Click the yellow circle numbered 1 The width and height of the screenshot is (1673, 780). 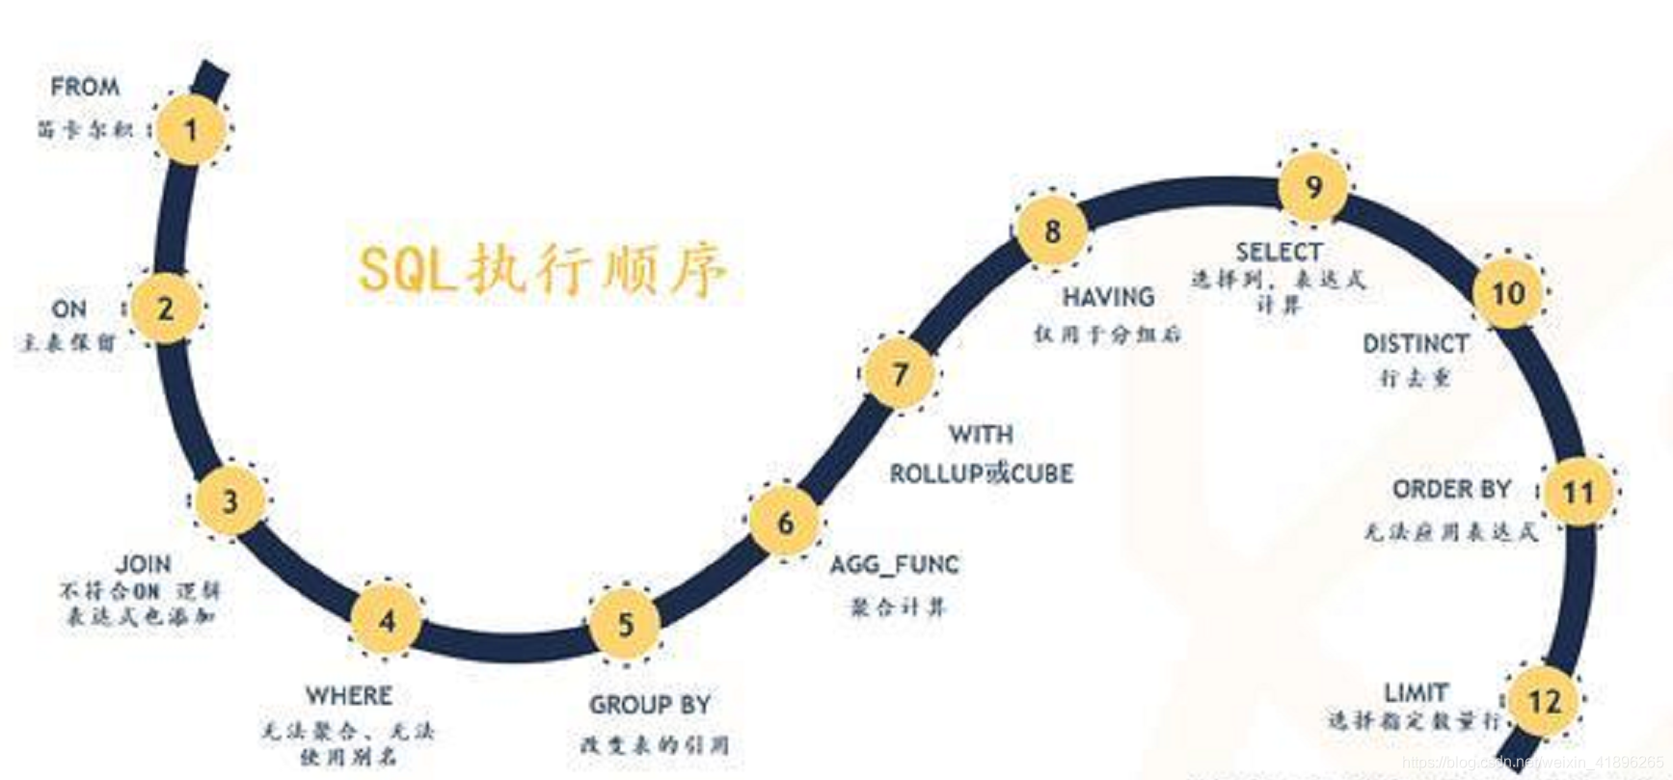(x=192, y=129)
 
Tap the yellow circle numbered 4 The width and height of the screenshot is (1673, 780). (x=387, y=620)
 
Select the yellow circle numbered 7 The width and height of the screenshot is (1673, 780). (x=900, y=373)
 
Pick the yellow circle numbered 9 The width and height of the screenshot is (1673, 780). (x=1313, y=186)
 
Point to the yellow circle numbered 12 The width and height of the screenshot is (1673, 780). (x=1544, y=701)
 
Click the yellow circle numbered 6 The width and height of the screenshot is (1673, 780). (x=786, y=523)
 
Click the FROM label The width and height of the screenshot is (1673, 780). (x=85, y=87)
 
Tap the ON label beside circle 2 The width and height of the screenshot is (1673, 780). (x=68, y=309)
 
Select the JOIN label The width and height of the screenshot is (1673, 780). (x=144, y=563)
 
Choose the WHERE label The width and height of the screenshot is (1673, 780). (x=348, y=695)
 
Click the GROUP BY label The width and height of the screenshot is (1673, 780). (x=650, y=705)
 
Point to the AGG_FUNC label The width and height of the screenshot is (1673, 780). (x=895, y=564)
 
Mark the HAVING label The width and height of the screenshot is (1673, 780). (x=1108, y=297)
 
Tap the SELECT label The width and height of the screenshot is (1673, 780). (x=1279, y=252)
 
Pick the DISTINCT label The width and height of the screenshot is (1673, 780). (x=1416, y=343)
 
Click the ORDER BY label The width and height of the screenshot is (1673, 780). (x=1451, y=490)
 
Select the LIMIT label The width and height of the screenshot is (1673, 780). (x=1416, y=692)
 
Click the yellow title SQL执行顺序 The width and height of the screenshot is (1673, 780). (x=543, y=269)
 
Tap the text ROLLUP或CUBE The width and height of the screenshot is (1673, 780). (x=981, y=473)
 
